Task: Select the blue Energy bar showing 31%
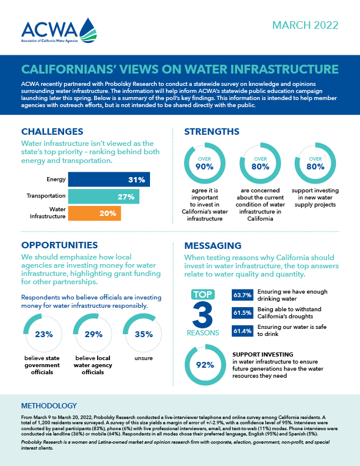coord(109,179)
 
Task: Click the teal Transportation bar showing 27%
coord(104,197)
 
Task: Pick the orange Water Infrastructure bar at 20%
coord(94,213)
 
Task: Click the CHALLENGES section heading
coord(52,132)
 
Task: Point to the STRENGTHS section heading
coord(211,132)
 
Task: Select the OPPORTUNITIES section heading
coord(59,245)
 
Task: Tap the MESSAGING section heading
coord(212,245)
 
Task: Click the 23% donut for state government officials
coord(44,334)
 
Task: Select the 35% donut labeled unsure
coord(141,334)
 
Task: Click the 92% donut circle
coord(204,365)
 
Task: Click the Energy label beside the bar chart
coord(55,179)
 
